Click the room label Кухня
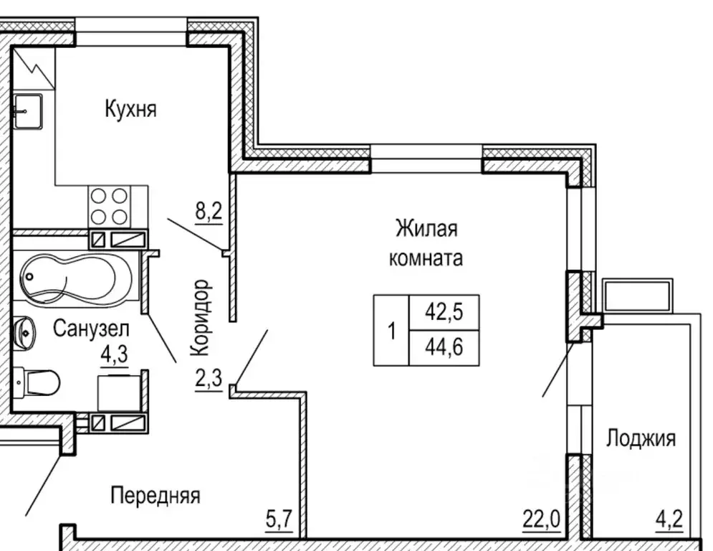(x=130, y=110)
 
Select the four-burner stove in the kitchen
(x=109, y=206)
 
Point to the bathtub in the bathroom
(x=74, y=278)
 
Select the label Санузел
(x=91, y=329)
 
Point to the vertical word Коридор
(x=201, y=318)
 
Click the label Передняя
(x=155, y=495)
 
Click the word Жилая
(x=426, y=230)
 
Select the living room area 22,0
(x=542, y=516)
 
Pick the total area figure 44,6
(x=444, y=347)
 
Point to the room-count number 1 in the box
(x=391, y=331)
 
